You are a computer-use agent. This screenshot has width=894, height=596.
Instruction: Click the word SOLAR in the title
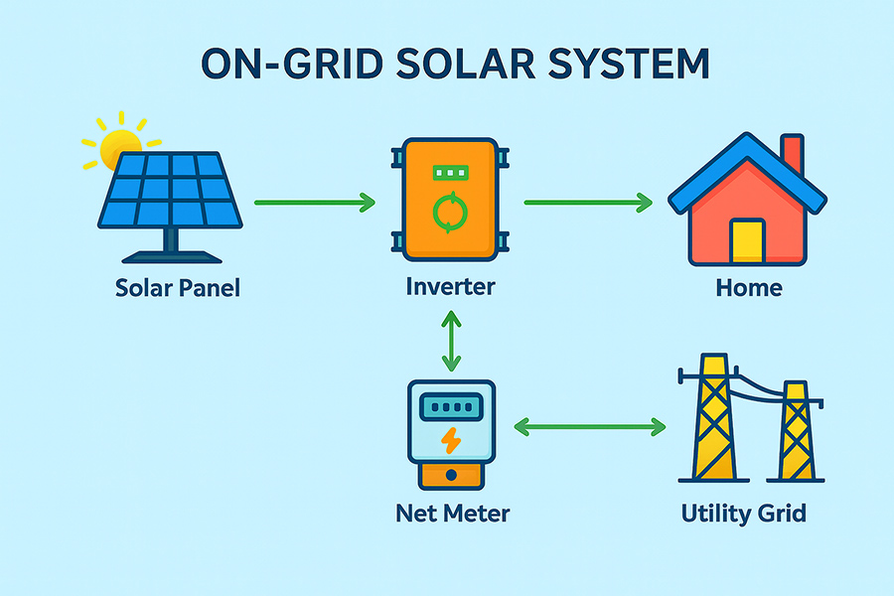[x=465, y=63]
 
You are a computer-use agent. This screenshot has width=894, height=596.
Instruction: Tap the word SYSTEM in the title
[x=629, y=63]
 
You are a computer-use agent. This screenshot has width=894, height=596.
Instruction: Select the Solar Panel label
[x=178, y=288]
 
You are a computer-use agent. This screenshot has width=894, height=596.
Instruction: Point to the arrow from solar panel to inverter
[x=315, y=203]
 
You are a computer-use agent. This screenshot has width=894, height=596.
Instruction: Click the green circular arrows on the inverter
[x=450, y=213]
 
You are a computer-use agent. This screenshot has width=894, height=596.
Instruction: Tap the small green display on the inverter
[x=450, y=172]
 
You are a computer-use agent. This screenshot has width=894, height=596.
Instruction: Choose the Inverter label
[x=450, y=286]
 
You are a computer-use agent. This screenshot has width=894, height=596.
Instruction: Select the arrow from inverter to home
[x=588, y=203]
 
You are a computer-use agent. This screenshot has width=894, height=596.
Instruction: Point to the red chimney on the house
[x=793, y=154]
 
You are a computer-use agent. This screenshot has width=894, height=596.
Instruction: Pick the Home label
[x=749, y=288]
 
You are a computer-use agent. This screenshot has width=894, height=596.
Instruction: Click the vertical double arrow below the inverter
[x=451, y=341]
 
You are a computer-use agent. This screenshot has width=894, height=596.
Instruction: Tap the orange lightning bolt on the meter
[x=451, y=440]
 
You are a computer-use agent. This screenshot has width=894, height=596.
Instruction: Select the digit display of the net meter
[x=451, y=407]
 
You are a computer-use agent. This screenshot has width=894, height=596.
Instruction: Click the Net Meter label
[x=453, y=514]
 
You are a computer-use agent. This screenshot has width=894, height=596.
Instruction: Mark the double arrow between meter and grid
[x=589, y=426]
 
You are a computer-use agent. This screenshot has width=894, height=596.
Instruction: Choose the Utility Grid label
[x=743, y=514]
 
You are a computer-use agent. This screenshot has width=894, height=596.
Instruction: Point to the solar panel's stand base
[x=172, y=256]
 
